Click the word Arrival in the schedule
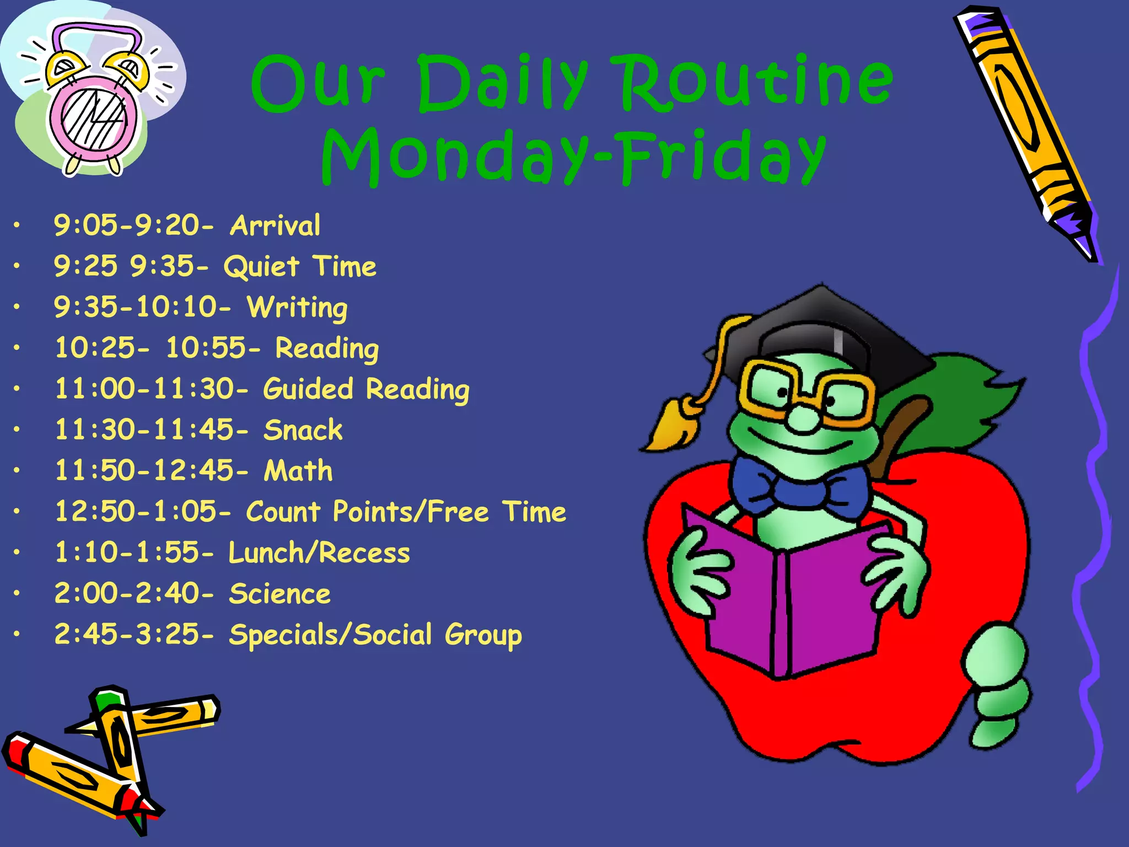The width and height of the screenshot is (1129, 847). click(275, 226)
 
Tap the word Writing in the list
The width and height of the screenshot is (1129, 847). click(297, 308)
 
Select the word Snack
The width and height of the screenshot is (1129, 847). click(303, 430)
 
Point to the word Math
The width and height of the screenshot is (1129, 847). click(298, 471)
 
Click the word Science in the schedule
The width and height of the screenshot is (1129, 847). click(279, 594)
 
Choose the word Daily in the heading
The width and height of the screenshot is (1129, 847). click(502, 83)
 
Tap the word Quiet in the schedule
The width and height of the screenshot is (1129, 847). click(261, 267)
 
